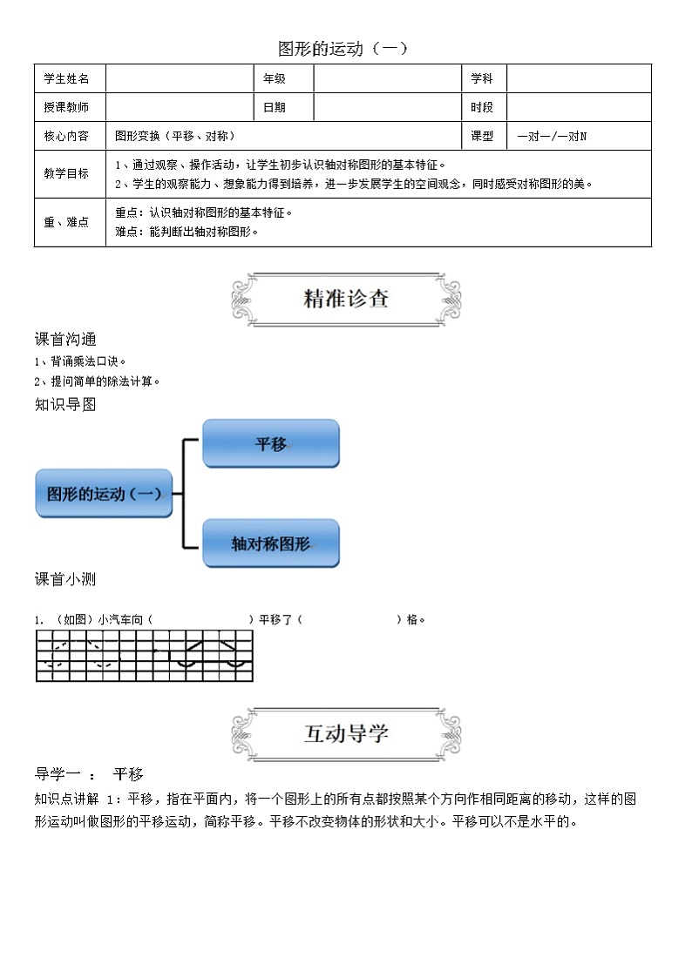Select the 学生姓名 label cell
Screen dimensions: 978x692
pyautogui.click(x=67, y=78)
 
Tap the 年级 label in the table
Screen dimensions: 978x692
pyautogui.click(x=275, y=78)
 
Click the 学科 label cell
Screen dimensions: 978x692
pyautogui.click(x=482, y=78)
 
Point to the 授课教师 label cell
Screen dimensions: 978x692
pyautogui.click(x=67, y=107)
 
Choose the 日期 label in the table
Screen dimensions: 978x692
pyautogui.click(x=275, y=107)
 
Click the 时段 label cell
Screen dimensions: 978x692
pyautogui.click(x=482, y=107)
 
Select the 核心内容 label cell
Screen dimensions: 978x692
pyautogui.click(x=67, y=136)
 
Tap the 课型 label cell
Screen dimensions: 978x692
pyautogui.click(x=482, y=136)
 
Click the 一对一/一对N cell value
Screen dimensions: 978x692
pyautogui.click(x=552, y=137)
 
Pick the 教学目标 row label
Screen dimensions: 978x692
pyautogui.click(x=67, y=173)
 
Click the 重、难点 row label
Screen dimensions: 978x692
pyautogui.click(x=67, y=222)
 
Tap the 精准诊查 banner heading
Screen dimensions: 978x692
pyautogui.click(x=346, y=299)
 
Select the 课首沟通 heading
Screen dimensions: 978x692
pyautogui.click(x=65, y=339)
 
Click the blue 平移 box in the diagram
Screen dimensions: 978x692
pyautogui.click(x=270, y=444)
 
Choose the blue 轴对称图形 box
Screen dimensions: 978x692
pyautogui.click(x=270, y=543)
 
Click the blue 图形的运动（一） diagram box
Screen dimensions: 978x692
pyautogui.click(x=104, y=494)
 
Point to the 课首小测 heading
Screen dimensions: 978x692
pyautogui.click(x=65, y=579)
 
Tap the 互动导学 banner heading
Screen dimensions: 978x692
pyautogui.click(x=346, y=733)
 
